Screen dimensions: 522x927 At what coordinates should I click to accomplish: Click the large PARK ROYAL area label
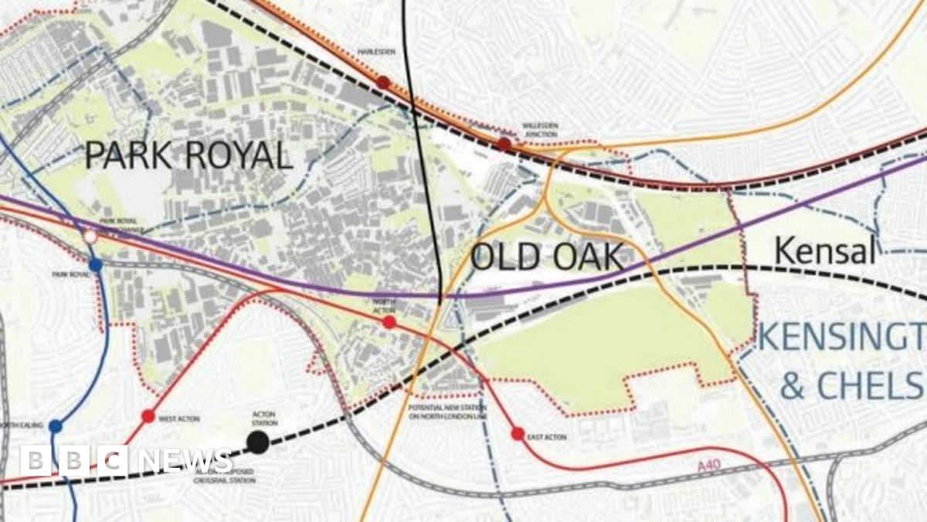tap(188, 155)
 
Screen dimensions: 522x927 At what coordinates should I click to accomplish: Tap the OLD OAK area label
tap(546, 257)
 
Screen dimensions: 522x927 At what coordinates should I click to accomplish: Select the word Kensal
tap(825, 251)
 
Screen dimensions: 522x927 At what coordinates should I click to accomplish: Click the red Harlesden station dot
tap(383, 82)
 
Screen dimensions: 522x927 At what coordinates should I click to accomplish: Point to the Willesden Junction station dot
tap(504, 144)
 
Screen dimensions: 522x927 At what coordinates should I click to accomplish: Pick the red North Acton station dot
tap(389, 322)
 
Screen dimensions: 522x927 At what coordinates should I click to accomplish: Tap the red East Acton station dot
tap(518, 434)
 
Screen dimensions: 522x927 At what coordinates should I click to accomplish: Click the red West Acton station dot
tap(148, 416)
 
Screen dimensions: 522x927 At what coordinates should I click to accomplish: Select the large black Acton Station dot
tap(258, 442)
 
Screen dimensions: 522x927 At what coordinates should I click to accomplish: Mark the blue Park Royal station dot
tap(95, 265)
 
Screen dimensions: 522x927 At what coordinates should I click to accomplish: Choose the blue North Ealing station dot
tap(56, 426)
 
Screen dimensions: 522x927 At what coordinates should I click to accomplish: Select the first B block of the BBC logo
tap(36, 461)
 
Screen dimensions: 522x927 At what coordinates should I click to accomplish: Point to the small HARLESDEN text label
tap(375, 52)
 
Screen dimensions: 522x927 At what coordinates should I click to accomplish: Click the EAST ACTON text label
tap(546, 438)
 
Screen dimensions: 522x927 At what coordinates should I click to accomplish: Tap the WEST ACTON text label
tap(179, 418)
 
